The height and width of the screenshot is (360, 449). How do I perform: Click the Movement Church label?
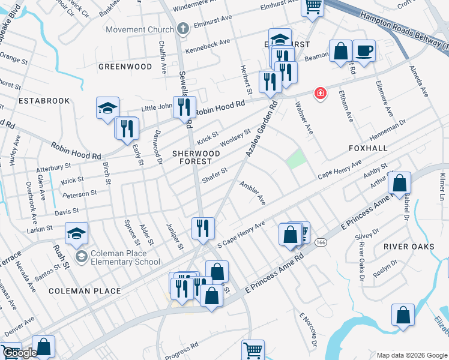139,29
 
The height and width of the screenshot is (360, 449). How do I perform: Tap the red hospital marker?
321,94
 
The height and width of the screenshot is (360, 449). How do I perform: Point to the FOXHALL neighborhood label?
368,148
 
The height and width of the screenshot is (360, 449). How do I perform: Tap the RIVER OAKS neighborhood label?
408,247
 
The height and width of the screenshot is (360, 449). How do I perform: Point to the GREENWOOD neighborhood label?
125,67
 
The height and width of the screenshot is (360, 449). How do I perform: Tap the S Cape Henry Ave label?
241,234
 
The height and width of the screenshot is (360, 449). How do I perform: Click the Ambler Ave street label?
253,193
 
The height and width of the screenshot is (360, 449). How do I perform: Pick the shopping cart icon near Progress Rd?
253,349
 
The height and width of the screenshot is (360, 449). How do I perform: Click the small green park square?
295,159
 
